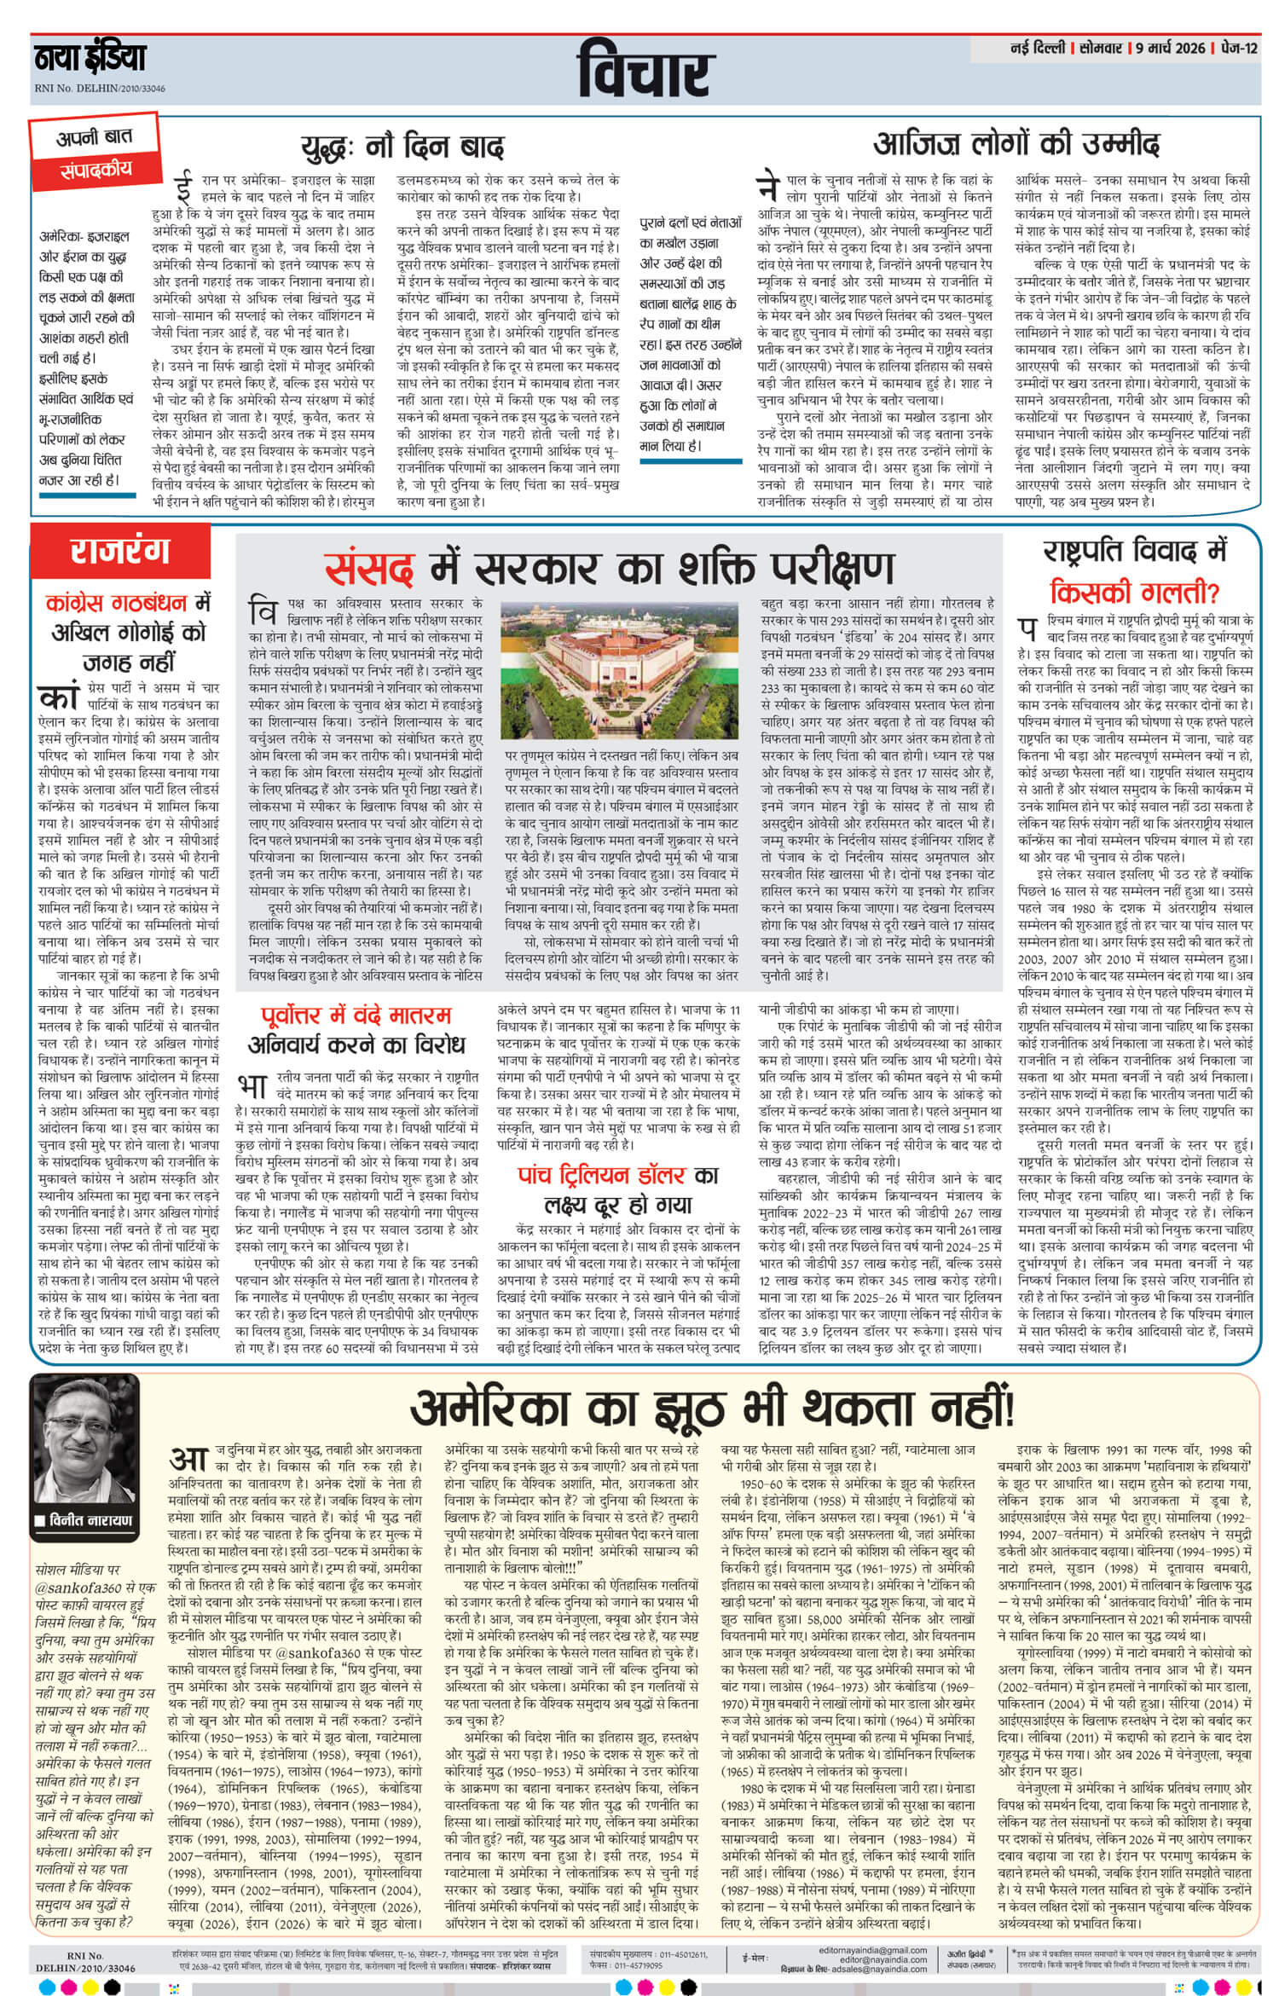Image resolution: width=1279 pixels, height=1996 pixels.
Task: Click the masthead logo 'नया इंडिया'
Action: click(90, 61)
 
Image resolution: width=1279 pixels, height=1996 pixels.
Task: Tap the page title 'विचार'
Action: click(644, 73)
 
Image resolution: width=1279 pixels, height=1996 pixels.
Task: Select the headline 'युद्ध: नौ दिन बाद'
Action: click(402, 146)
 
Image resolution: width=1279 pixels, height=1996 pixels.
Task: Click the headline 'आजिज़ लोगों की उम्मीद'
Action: click(1016, 142)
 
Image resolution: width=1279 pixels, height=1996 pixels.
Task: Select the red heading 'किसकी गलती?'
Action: click(1135, 590)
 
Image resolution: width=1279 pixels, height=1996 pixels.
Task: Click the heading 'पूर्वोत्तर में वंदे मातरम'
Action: click(356, 1015)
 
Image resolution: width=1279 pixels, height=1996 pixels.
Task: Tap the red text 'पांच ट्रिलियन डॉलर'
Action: click(602, 1176)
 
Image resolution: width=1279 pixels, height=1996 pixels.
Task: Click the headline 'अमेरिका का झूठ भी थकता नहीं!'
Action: click(712, 1407)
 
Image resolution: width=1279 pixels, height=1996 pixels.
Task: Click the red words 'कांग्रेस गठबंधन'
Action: click(116, 604)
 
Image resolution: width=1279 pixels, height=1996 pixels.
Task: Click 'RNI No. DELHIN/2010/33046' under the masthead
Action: click(100, 89)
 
